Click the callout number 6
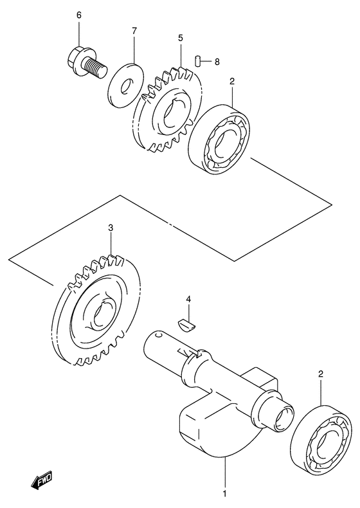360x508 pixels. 79,15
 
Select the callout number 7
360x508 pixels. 134,31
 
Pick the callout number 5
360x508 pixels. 181,38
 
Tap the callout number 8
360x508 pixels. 217,62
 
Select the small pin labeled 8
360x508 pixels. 200,62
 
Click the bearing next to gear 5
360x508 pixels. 223,139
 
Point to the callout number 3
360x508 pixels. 111,228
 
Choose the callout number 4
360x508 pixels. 188,299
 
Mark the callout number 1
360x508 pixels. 224,493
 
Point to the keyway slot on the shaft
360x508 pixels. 191,351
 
